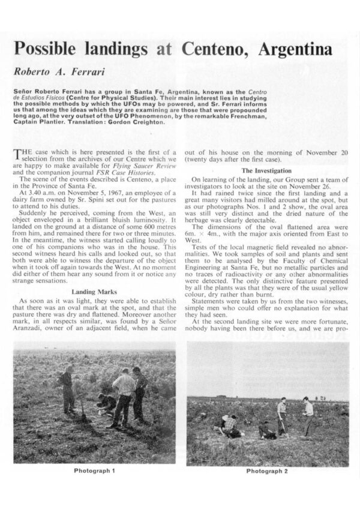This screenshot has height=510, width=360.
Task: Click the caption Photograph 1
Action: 94,470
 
